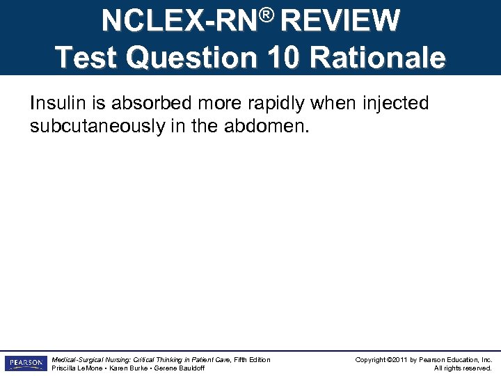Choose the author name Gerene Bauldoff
(180, 368)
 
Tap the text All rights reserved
(463, 368)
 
